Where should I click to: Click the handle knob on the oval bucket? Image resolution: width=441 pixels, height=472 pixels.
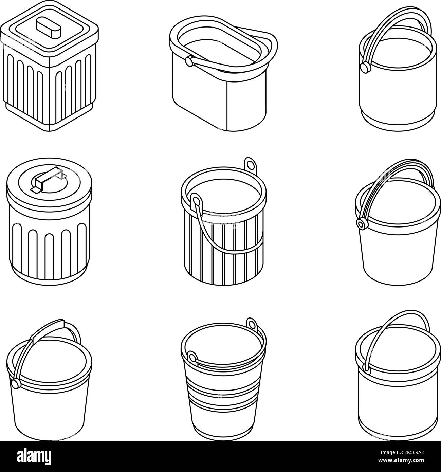point(188,61)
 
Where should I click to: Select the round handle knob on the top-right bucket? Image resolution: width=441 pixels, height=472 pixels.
point(365,67)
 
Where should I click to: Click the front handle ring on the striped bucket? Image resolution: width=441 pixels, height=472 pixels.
point(196,201)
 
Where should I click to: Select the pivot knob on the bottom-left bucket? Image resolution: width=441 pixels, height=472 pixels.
point(15,383)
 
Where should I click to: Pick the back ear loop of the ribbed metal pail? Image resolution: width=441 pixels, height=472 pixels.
point(252,323)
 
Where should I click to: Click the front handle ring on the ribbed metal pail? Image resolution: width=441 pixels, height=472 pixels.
point(192,358)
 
